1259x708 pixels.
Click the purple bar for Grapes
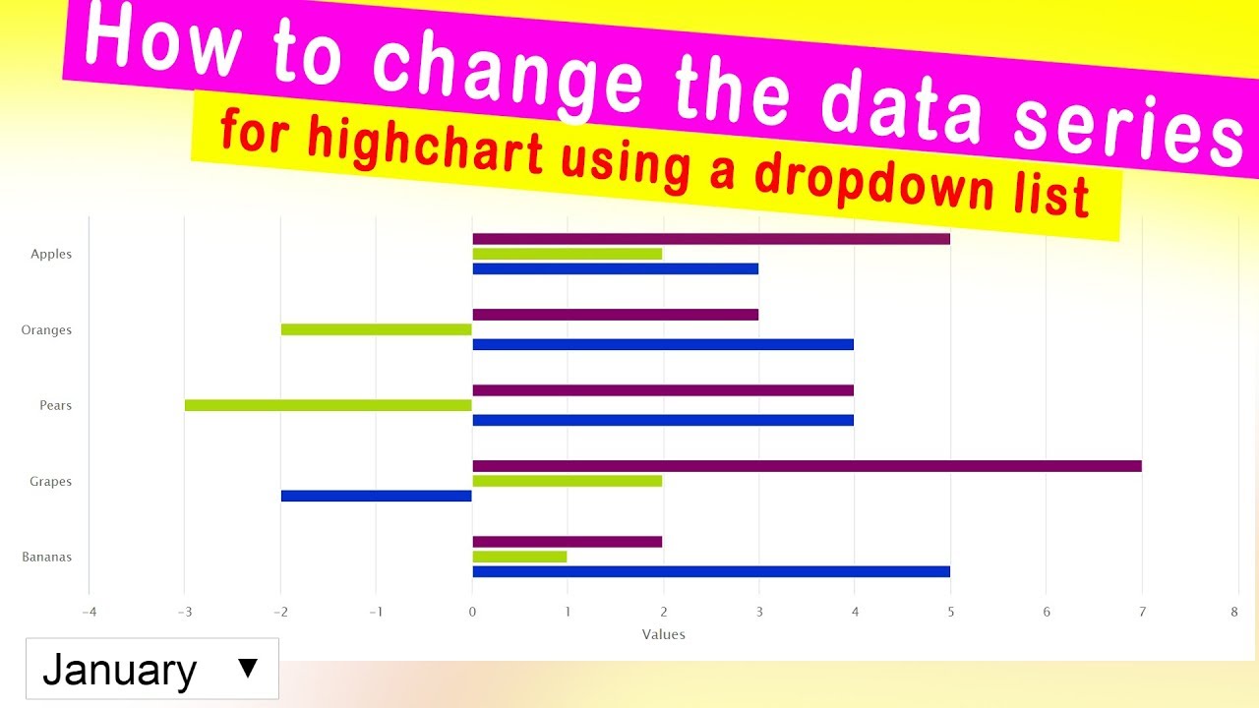coord(807,466)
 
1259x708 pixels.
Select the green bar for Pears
coord(329,405)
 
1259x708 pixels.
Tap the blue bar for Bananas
coord(711,571)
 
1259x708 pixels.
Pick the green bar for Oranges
coord(377,329)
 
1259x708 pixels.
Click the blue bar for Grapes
coord(377,496)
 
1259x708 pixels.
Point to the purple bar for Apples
coord(711,239)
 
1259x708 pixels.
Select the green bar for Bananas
coord(519,557)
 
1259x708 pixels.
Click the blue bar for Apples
coord(615,268)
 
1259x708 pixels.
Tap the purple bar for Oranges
coord(615,315)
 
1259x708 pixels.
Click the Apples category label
coord(51,254)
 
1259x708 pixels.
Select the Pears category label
coord(56,405)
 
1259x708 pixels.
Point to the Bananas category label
coord(47,557)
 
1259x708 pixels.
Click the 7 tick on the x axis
coord(1142,612)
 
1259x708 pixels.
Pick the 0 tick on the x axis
coord(472,612)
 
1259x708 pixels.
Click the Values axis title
coord(663,634)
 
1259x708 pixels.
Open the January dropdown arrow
coord(248,669)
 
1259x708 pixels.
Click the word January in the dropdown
coord(120,671)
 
